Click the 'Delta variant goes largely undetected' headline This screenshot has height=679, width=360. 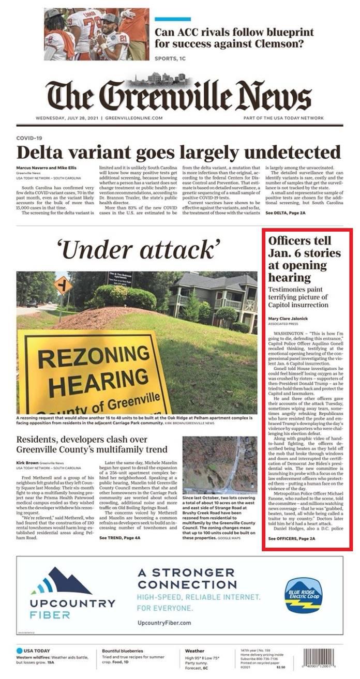(179, 153)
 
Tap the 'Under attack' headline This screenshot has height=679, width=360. (139, 250)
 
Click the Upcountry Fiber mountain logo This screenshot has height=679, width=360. (61, 582)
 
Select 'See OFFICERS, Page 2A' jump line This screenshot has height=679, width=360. (292, 539)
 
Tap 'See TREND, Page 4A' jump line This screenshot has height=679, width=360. (119, 538)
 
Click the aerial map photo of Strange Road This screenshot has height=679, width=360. (219, 465)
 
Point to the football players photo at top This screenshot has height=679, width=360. (96, 34)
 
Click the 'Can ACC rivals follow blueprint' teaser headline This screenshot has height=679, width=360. (234, 38)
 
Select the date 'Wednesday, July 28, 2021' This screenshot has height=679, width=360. (68, 118)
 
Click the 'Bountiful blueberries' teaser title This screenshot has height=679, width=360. (122, 651)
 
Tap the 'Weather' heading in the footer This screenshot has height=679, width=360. (194, 651)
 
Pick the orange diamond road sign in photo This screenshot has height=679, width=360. (63, 285)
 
